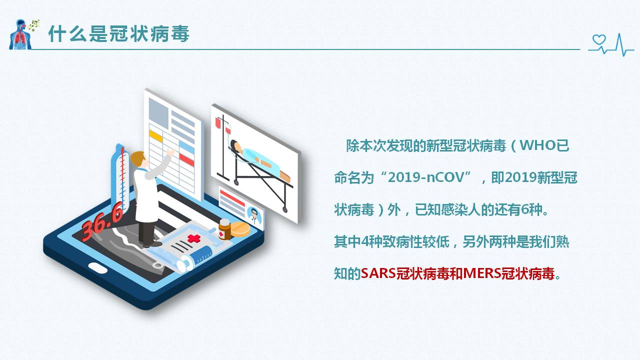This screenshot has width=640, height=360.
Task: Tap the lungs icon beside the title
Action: point(20,34)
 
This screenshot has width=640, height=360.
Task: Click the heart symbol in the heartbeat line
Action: point(598,40)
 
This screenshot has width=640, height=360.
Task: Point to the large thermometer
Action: point(120,177)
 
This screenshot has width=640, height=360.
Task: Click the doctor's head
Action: point(138,160)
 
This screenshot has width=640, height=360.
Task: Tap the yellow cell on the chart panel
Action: point(156,135)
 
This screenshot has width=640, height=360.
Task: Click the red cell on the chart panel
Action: point(186,160)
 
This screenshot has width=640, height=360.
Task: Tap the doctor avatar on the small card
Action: point(254,216)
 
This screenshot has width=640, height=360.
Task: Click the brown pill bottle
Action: point(224,229)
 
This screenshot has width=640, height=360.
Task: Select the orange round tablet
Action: point(240,228)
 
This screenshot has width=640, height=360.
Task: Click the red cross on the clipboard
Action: point(193,239)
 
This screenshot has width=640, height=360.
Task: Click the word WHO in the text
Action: point(538,146)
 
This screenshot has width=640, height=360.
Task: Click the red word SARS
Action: point(378,273)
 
